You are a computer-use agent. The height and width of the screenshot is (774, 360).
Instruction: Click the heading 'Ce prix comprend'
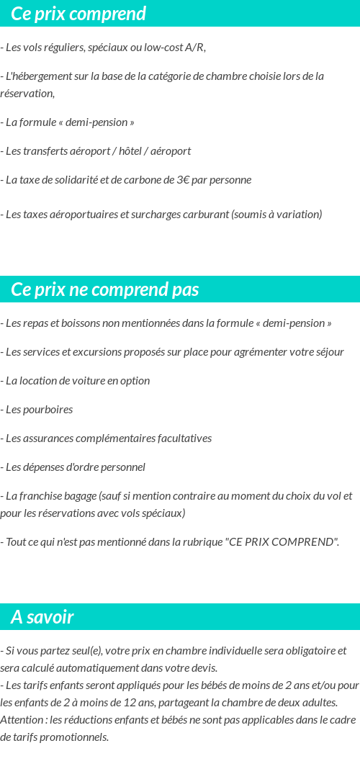tap(78, 14)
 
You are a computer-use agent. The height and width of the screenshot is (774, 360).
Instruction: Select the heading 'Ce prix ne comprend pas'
tap(105, 289)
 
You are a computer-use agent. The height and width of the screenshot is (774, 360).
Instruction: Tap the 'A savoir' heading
tap(42, 617)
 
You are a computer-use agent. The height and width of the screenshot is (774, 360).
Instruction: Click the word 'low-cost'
tap(163, 48)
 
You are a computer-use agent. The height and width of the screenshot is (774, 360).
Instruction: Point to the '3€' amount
tap(183, 180)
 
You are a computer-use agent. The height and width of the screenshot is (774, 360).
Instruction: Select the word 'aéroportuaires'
tap(71, 215)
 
